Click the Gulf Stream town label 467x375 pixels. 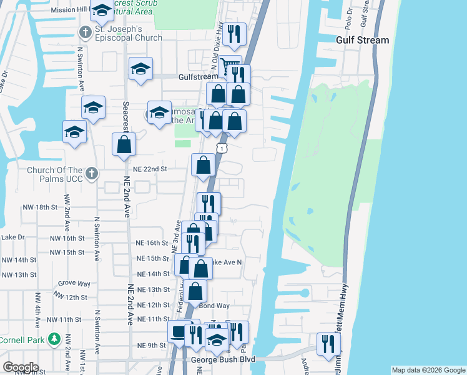click(362, 40)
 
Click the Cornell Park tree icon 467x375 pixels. click(54, 340)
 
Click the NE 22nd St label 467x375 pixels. click(150, 169)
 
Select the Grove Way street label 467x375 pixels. click(72, 283)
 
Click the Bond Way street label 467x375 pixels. click(214, 306)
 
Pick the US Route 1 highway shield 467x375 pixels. click(222, 147)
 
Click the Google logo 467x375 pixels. click(21, 367)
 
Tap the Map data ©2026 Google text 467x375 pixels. click(428, 370)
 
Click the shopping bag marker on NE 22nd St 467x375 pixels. click(204, 166)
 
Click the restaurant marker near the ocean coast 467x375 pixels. click(328, 344)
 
